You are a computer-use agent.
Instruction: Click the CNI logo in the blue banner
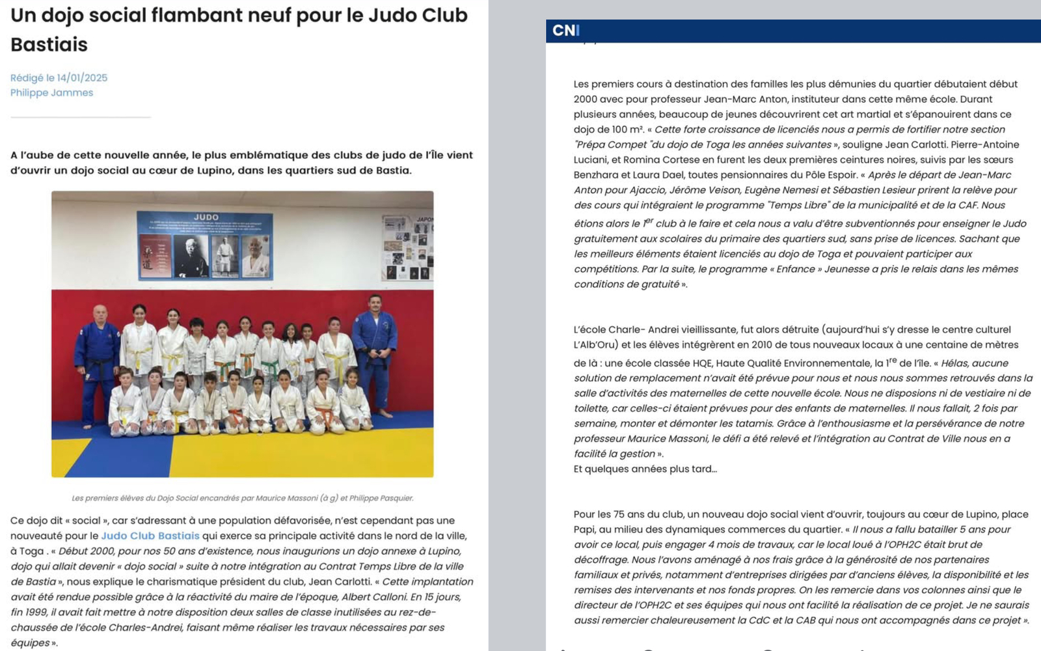coord(565,31)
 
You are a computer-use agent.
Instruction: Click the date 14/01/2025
coord(82,77)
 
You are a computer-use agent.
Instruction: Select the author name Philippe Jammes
coord(51,92)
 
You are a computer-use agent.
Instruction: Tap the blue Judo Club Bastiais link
coord(150,536)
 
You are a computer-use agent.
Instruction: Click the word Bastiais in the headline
coord(49,44)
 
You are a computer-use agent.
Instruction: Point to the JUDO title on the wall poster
coord(206,217)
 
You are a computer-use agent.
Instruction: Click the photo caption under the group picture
coord(242,498)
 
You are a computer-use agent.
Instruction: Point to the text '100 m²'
coord(627,130)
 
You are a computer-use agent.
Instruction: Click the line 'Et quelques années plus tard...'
coord(645,469)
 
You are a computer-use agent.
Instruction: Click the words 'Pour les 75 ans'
coord(612,514)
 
